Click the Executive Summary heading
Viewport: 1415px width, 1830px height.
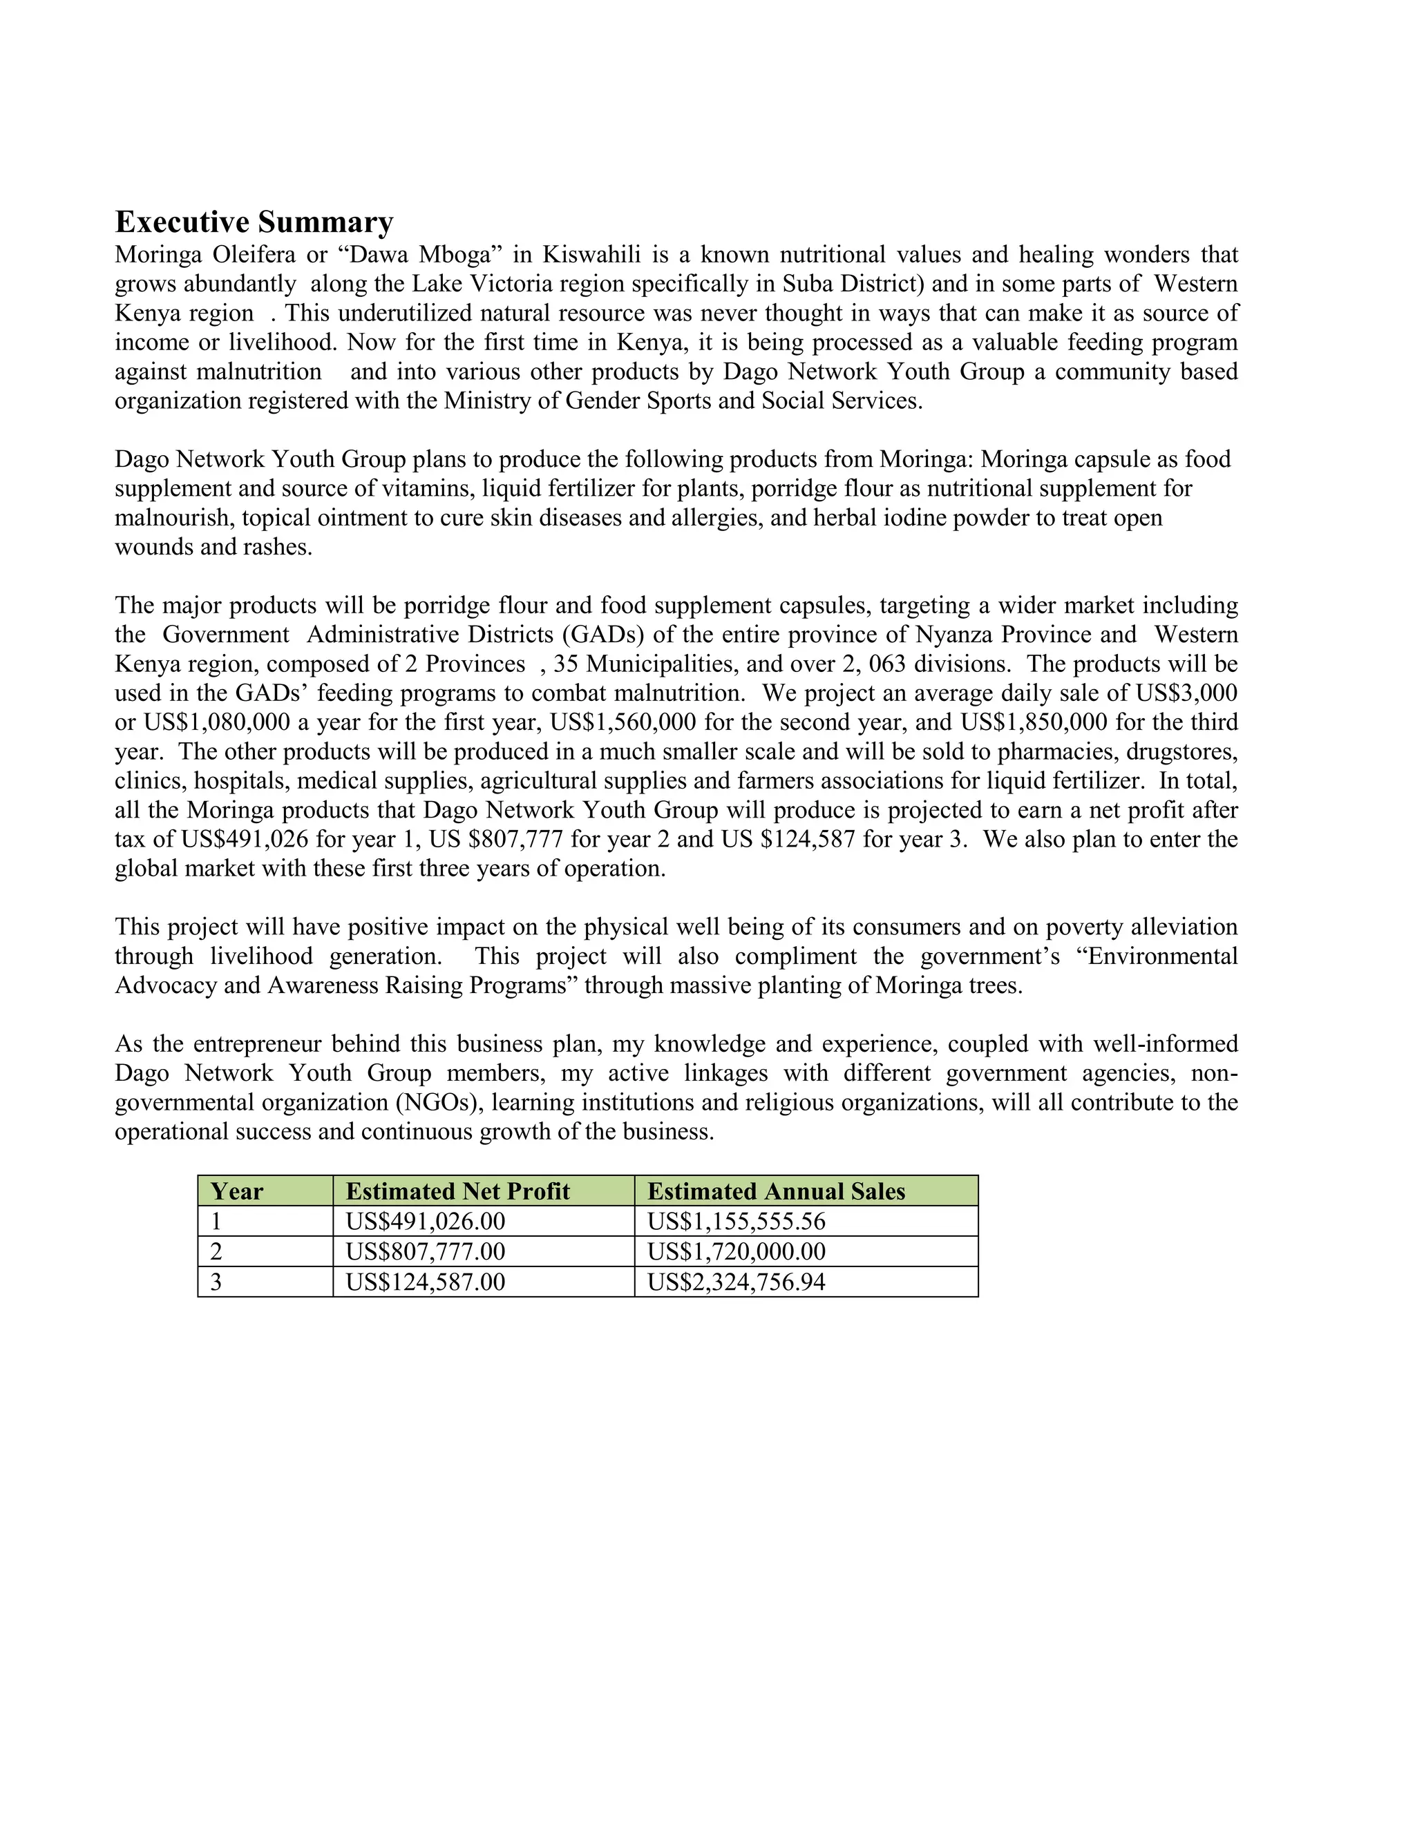[254, 222]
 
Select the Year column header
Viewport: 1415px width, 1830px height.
[236, 1191]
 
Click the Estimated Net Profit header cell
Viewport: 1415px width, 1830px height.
[457, 1191]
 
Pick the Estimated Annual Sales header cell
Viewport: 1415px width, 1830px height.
[776, 1191]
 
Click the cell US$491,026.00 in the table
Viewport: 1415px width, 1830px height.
[425, 1221]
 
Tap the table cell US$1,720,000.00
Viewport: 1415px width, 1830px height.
[736, 1251]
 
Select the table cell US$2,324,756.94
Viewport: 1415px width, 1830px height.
[736, 1281]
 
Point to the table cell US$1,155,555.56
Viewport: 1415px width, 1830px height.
[736, 1221]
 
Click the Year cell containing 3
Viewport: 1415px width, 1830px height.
[216, 1281]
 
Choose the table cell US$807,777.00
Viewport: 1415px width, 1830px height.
[425, 1251]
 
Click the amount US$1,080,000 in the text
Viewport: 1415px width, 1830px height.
[217, 722]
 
